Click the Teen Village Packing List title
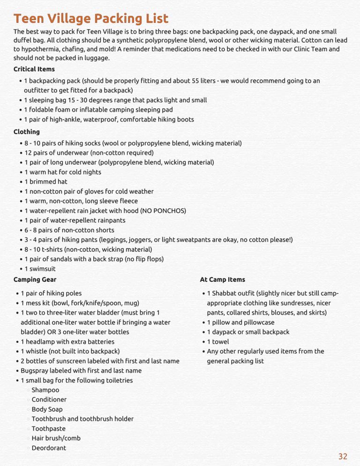pos(90,19)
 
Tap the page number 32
pos(343,456)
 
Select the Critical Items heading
pos(34,69)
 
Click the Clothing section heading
pos(27,132)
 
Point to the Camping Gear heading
pos(35,279)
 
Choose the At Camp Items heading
pos(222,279)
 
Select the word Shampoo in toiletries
pos(45,390)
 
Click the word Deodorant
pos(49,448)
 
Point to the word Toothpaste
pos(48,428)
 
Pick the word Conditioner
pos(49,399)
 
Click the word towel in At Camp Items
pos(220,342)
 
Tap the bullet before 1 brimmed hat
pos(22,182)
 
